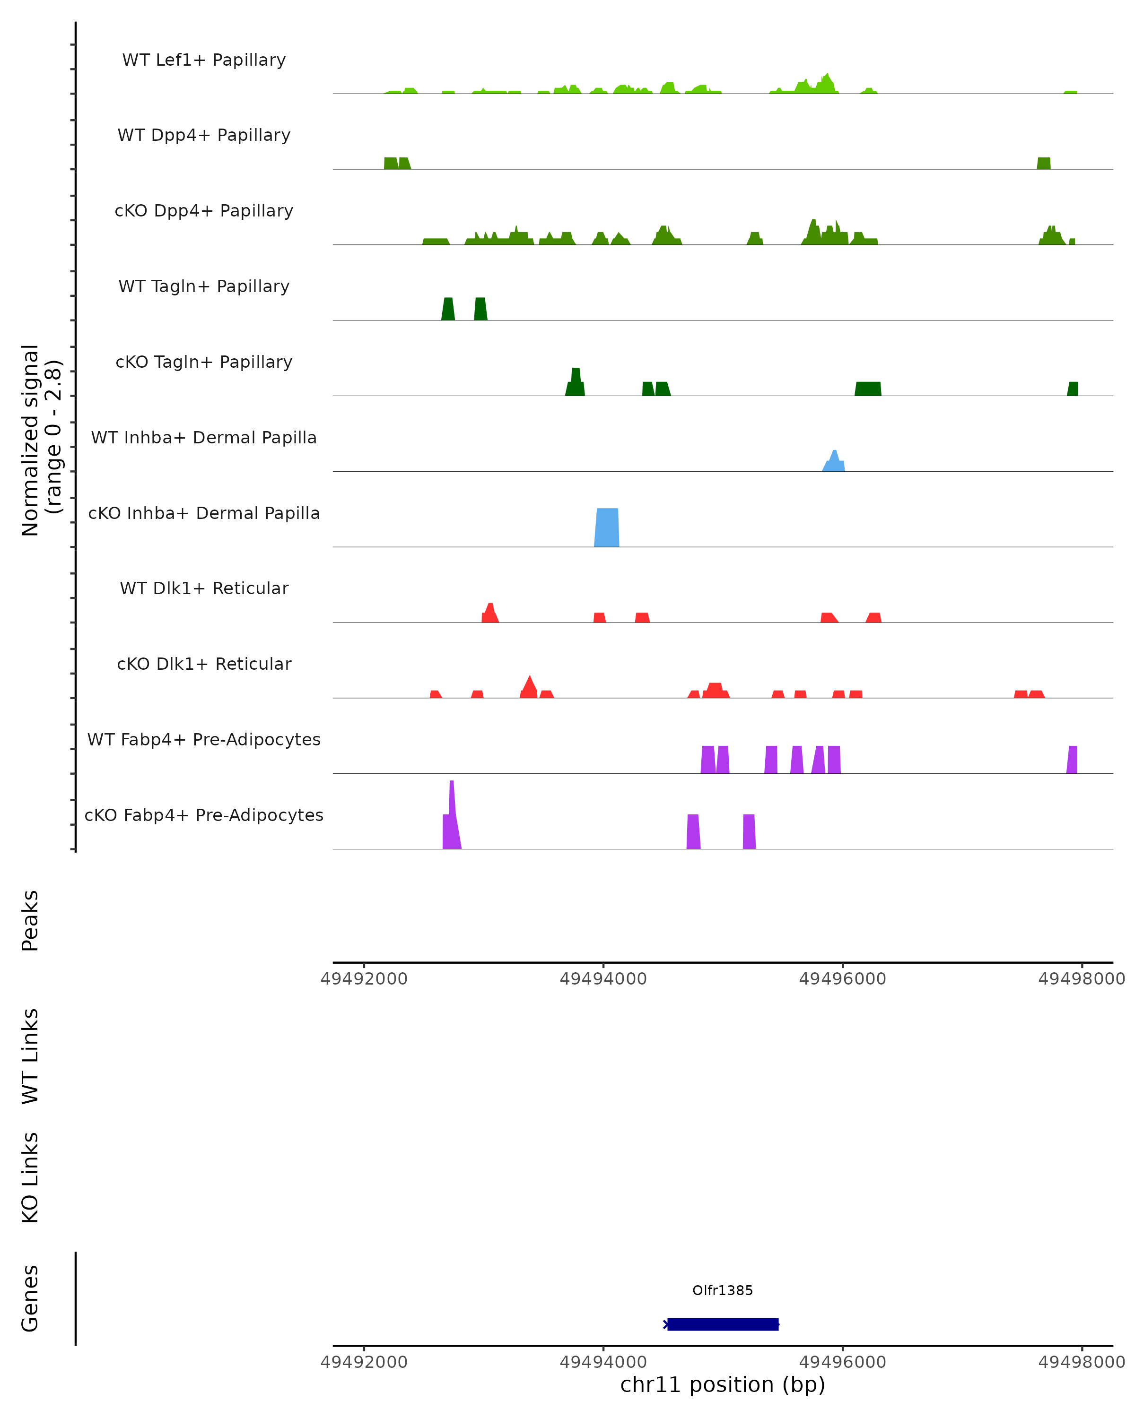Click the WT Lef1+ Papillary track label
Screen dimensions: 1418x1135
[x=204, y=60]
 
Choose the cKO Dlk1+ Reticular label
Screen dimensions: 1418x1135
[x=204, y=664]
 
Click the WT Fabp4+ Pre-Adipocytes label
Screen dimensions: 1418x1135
[x=204, y=739]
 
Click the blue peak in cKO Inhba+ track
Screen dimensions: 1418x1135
[x=607, y=527]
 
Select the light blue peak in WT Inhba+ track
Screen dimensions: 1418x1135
[x=834, y=462]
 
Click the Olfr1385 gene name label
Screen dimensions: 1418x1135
[x=723, y=1290]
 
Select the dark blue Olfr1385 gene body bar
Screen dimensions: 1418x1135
[x=723, y=1324]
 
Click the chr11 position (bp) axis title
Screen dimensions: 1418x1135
[x=723, y=1384]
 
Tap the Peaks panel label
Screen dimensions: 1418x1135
[x=30, y=920]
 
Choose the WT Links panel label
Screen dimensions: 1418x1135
[x=30, y=1055]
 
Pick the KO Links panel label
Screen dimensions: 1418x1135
[x=30, y=1177]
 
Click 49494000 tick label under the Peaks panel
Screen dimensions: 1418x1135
[x=602, y=979]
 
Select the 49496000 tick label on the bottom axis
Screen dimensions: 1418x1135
[x=842, y=1362]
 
